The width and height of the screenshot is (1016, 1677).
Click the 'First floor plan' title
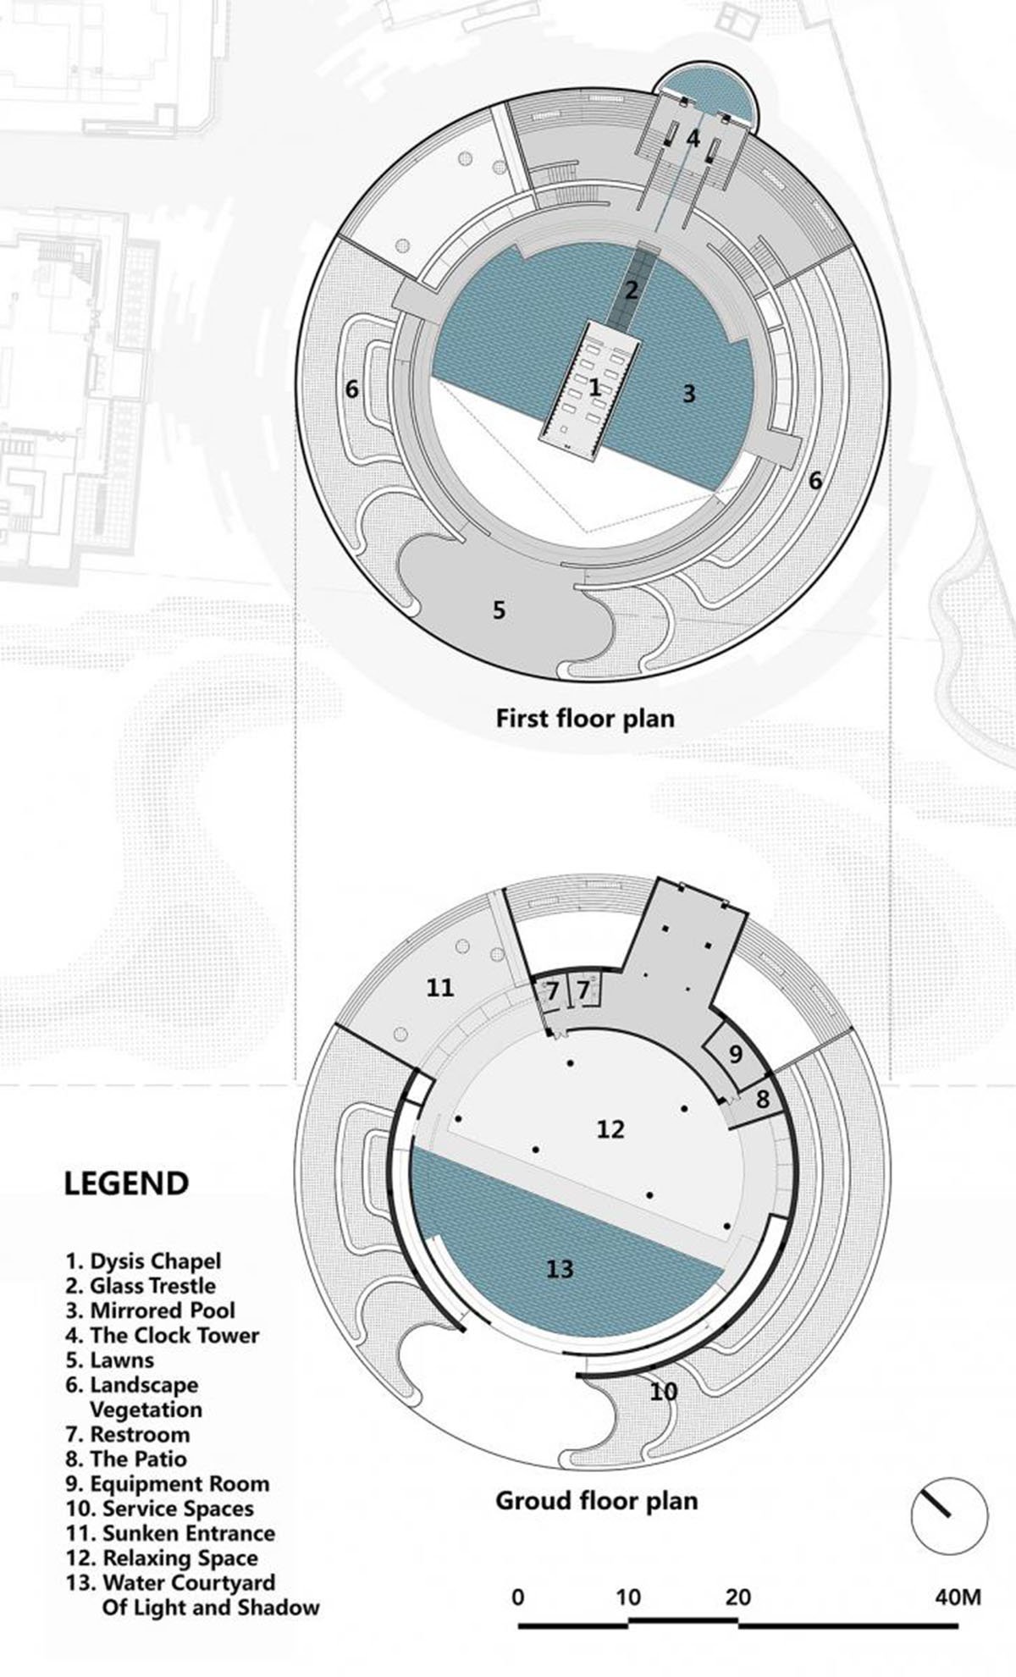click(585, 719)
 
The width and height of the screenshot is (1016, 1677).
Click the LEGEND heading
click(126, 1183)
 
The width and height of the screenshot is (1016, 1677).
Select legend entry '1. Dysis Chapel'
click(143, 1261)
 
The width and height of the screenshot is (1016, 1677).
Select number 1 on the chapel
click(594, 388)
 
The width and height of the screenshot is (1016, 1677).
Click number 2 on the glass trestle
click(631, 290)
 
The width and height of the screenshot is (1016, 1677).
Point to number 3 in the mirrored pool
click(688, 393)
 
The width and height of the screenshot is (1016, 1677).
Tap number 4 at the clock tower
click(693, 138)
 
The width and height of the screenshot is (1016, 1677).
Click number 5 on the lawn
click(499, 610)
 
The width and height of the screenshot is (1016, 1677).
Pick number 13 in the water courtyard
click(560, 1268)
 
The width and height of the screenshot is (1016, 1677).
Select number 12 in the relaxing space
click(610, 1128)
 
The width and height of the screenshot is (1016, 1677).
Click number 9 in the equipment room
click(735, 1054)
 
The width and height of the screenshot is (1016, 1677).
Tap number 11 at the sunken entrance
click(440, 987)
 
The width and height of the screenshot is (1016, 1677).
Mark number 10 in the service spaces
click(665, 1391)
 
